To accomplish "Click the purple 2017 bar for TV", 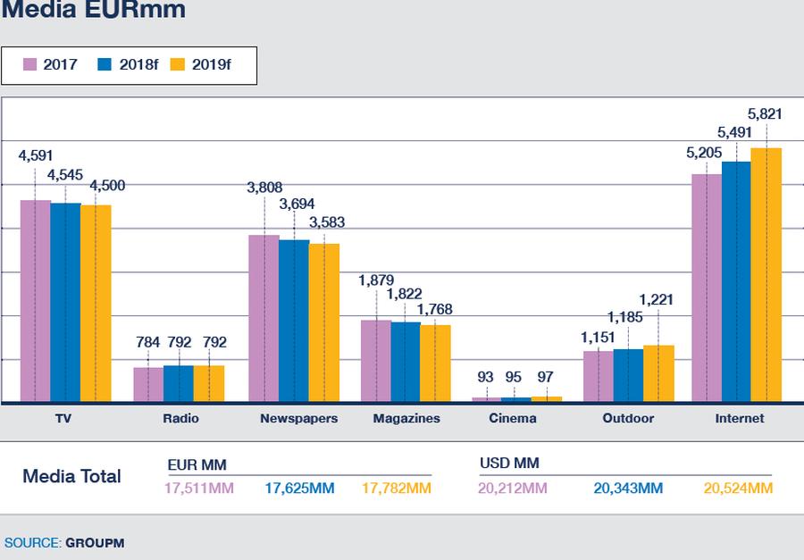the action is pos(36,301).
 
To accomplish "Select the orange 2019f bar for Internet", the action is pos(766,275).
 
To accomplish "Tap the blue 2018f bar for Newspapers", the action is pos(294,321).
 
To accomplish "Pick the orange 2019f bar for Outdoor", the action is pos(659,374).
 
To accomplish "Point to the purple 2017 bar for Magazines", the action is pos(376,361).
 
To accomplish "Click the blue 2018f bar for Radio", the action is pos(179,383).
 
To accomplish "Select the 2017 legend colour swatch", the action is pos(29,64).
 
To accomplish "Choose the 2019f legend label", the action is pos(211,64).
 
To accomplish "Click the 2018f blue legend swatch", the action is pos(105,64).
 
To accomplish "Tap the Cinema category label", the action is pos(513,419).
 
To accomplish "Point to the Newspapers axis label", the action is pos(299,419).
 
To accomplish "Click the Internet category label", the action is pos(740,419).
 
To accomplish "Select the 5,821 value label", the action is pos(765,113).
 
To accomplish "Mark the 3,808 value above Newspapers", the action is pos(264,188).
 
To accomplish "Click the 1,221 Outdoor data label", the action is pos(656,299).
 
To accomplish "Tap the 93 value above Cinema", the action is pos(485,377).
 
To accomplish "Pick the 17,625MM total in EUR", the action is pos(299,489).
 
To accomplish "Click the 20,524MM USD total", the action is pos(738,489).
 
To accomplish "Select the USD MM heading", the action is pos(509,463).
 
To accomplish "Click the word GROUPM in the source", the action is pos(95,543).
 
